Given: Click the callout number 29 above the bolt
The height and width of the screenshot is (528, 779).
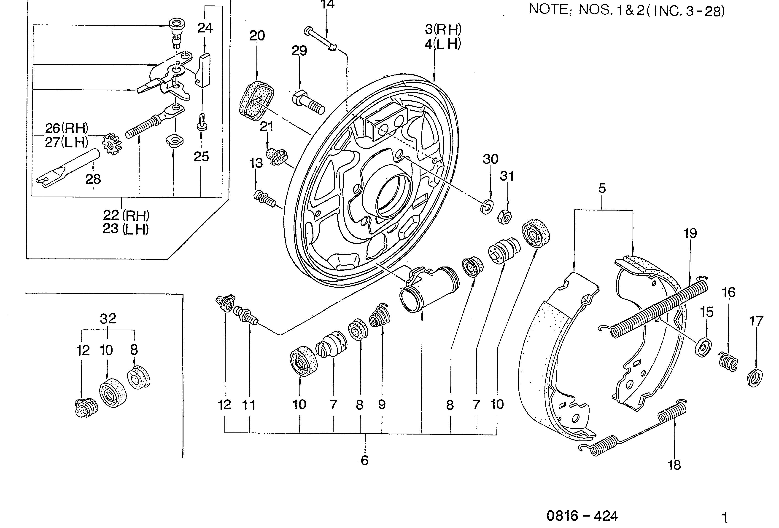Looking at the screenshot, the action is pyautogui.click(x=299, y=51).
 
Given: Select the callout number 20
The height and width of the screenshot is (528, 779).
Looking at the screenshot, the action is pyautogui.click(x=257, y=35).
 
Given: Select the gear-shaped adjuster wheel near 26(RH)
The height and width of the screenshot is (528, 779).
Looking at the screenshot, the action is pyautogui.click(x=112, y=144).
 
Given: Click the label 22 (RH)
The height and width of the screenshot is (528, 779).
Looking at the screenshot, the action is pyautogui.click(x=126, y=215).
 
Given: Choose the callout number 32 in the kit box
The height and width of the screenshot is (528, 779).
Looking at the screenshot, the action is pyautogui.click(x=108, y=318).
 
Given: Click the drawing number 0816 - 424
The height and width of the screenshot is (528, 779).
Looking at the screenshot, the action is pyautogui.click(x=582, y=516).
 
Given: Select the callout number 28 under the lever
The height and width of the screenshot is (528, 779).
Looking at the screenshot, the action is pyautogui.click(x=93, y=179).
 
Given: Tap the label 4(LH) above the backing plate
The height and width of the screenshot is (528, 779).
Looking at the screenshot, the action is pyautogui.click(x=442, y=44).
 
